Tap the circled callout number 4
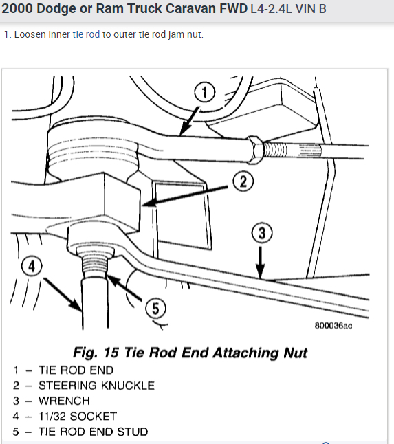click(x=30, y=265)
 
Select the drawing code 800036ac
click(x=333, y=325)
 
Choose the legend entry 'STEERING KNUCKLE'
click(x=96, y=385)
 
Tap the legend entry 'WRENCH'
click(x=64, y=400)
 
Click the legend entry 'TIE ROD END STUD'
click(x=93, y=432)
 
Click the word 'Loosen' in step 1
click(x=29, y=34)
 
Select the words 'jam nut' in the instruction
click(x=185, y=34)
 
